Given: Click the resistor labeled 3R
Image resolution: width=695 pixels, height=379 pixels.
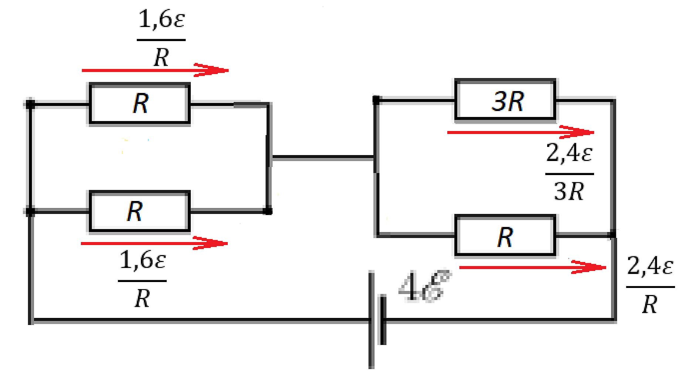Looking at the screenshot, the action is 505,100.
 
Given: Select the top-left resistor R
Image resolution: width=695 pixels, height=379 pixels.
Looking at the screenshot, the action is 139,103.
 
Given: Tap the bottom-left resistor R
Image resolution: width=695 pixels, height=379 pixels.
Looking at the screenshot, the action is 139,211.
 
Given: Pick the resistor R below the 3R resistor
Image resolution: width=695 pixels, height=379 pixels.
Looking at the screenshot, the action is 505,235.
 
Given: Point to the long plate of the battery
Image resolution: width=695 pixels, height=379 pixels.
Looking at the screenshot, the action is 371,320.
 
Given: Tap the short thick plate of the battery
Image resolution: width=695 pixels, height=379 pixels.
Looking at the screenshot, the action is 383,320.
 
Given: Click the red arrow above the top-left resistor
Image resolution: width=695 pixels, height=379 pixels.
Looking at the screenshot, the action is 155,70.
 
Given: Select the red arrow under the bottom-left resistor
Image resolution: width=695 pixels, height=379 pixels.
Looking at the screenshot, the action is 154,243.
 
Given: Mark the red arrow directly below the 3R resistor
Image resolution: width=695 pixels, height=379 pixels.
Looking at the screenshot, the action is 521,132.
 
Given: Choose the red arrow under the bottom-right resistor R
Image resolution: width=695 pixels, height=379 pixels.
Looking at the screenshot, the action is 533,267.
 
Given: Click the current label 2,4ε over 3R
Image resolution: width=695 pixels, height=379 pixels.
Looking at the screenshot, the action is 569,172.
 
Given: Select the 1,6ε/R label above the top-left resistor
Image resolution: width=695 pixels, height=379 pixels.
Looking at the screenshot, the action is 161,39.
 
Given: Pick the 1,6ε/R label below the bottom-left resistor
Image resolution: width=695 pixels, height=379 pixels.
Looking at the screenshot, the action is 142,280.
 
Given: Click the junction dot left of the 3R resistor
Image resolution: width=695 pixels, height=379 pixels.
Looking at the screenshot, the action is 376,100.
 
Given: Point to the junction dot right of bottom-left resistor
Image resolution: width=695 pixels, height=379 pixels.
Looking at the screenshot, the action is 269,211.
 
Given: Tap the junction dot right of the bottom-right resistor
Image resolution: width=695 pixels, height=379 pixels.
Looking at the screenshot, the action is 613,234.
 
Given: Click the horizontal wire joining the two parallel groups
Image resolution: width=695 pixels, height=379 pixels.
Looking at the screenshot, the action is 322,158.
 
